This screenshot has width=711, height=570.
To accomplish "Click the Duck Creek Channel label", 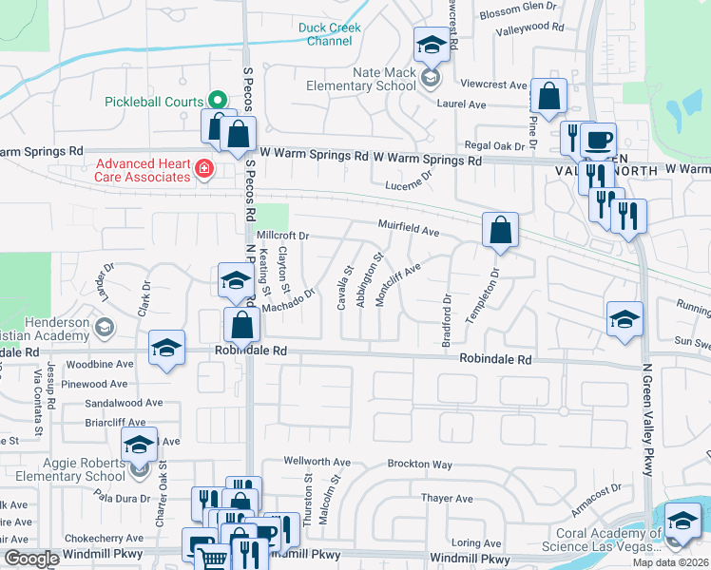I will [330, 34].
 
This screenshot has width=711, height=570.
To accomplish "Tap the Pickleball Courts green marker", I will [217, 100].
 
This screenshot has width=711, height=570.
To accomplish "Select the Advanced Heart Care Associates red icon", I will [202, 169].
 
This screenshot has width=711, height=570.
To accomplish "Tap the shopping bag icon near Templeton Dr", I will [500, 230].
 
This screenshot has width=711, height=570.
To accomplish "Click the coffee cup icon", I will [598, 141].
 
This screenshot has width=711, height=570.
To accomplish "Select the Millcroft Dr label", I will [283, 235].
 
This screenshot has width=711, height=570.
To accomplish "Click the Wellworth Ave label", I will [317, 462].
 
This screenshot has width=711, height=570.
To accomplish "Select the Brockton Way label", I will [419, 464].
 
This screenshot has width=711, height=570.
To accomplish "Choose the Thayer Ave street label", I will [447, 498].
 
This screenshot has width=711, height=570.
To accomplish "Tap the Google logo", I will [31, 559].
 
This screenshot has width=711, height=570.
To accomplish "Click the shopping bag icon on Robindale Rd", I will [242, 325].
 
